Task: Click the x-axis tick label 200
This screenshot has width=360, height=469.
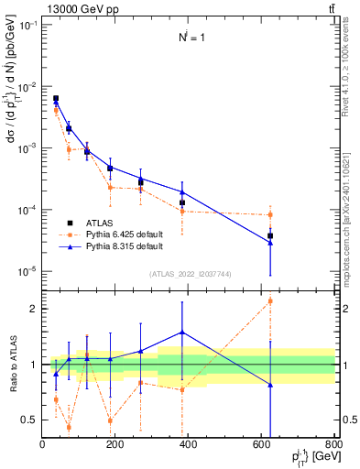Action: [x=115, y=445]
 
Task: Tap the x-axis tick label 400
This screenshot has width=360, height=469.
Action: [x=189, y=445]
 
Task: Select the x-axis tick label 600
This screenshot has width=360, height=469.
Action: [x=262, y=445]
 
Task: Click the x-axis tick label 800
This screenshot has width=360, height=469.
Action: [x=334, y=445]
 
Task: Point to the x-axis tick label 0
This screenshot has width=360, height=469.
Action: [x=42, y=445]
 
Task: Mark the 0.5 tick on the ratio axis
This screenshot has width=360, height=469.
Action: [x=30, y=420]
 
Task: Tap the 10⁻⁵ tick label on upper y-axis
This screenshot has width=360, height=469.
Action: [x=27, y=271]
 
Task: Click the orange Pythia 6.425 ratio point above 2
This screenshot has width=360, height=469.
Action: [x=270, y=300]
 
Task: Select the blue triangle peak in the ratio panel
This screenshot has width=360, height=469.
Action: [x=182, y=332]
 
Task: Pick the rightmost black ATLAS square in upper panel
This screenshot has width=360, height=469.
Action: [x=270, y=235]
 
